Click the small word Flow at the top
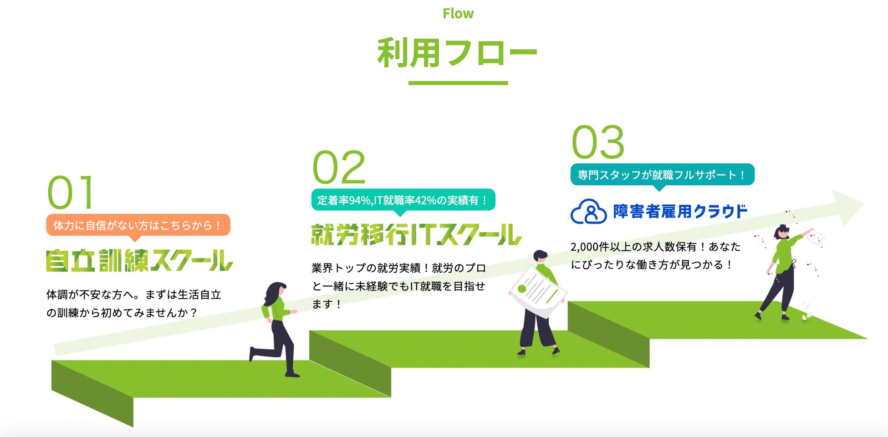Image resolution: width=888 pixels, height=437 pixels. coord(458,14)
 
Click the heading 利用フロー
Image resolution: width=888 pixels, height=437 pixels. coord(458,53)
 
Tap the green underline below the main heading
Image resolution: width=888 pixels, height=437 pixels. coord(458,83)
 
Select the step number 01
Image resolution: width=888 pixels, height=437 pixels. coord(71,192)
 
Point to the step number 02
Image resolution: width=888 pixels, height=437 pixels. coord(339,167)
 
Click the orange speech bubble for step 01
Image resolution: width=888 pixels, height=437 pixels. coord(138,225)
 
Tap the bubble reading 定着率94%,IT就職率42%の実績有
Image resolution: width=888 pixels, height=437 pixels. coord(403,200)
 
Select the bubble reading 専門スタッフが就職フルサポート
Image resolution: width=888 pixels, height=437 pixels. coord(662,175)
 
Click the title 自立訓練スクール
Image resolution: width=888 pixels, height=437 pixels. coord(139,260)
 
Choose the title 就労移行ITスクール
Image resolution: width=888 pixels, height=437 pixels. coord(417,235)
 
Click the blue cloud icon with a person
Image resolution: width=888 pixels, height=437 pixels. coord(588,211)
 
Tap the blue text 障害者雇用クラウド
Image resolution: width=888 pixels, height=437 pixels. coord(680,211)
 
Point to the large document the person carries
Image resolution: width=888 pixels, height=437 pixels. coord(538,291)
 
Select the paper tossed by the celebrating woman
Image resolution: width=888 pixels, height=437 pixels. coord(816,238)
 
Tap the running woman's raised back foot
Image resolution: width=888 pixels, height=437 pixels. coord(252,353)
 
